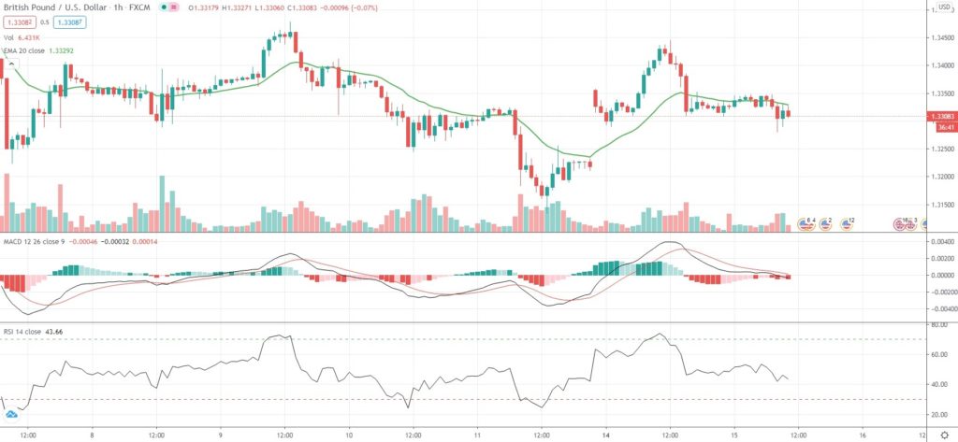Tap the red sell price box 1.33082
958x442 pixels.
[x=19, y=21]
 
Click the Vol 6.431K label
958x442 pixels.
[x=27, y=36]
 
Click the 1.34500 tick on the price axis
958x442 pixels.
[x=940, y=38]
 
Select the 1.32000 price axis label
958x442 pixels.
[x=940, y=177]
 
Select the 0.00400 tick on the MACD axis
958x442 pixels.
[x=940, y=242]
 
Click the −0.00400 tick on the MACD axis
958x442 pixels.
[x=938, y=308]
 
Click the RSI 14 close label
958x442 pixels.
[x=22, y=331]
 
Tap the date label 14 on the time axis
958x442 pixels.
[x=605, y=434]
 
